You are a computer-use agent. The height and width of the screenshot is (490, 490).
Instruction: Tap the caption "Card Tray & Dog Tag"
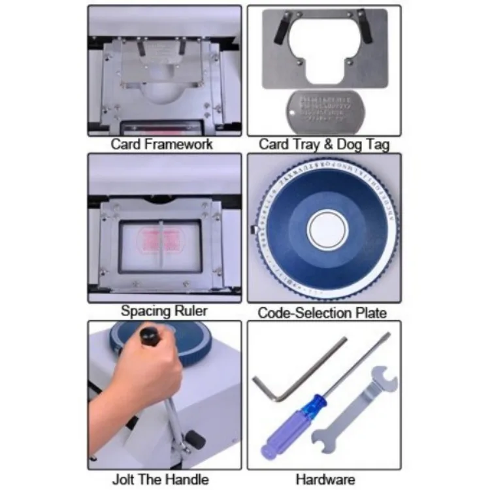click(323, 144)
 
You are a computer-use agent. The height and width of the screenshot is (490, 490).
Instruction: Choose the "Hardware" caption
click(323, 480)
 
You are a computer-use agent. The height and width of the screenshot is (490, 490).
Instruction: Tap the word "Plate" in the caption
click(370, 312)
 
